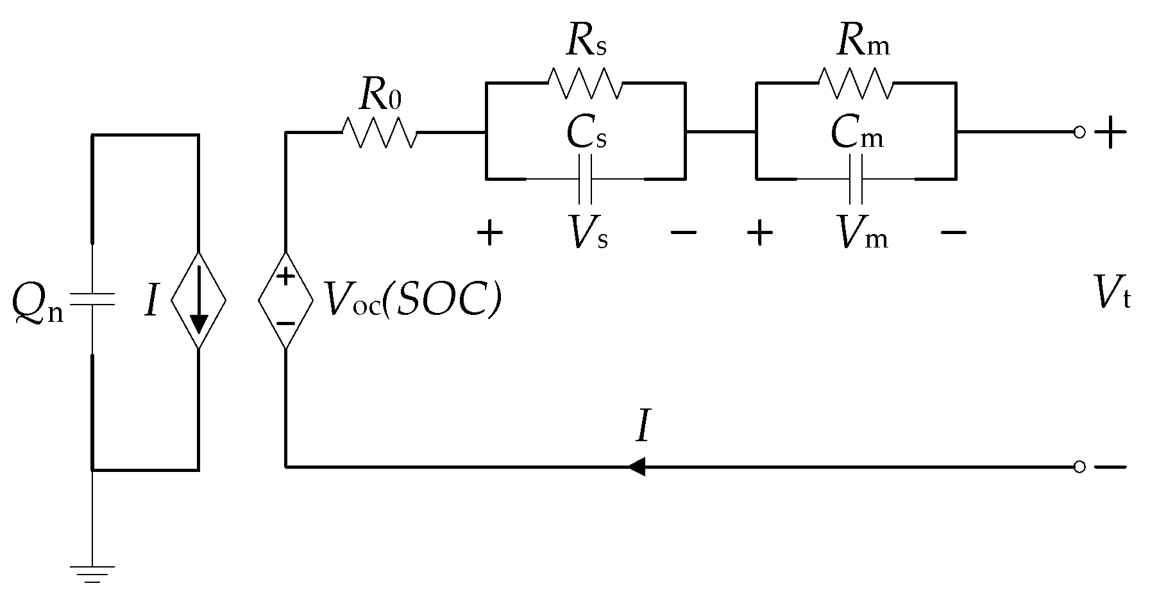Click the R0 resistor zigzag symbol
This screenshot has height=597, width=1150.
click(x=380, y=133)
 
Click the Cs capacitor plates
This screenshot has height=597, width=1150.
click(x=585, y=179)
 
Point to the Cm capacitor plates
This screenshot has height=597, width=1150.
click(x=856, y=179)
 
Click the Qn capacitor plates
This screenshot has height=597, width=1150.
click(x=92, y=299)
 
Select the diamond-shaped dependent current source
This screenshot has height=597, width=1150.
click(x=198, y=299)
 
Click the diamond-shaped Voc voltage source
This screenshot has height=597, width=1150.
click(x=285, y=299)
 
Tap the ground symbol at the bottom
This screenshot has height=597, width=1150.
click(x=92, y=573)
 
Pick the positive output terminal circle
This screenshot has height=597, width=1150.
click(x=1079, y=133)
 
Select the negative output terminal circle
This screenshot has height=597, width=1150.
click(x=1079, y=467)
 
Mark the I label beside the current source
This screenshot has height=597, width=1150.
click(x=151, y=300)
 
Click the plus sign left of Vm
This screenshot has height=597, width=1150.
click(x=760, y=233)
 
